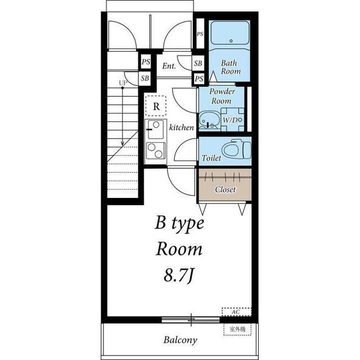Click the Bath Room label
tap(231, 67)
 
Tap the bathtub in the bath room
tap(230, 33)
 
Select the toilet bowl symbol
tap(237, 150)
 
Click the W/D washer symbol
tap(232, 120)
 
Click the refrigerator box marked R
tap(156, 106)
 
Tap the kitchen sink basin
tap(155, 129)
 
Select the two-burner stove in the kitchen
tap(156, 151)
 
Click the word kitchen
tap(181, 128)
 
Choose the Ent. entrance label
tap(169, 66)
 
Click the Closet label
tap(225, 190)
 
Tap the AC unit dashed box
tap(236, 312)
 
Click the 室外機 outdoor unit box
tap(237, 330)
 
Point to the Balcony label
tap(180, 340)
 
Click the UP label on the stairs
tap(123, 83)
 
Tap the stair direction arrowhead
tap(123, 143)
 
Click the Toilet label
tap(211, 157)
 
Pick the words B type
tap(179, 224)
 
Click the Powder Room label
tap(222, 96)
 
